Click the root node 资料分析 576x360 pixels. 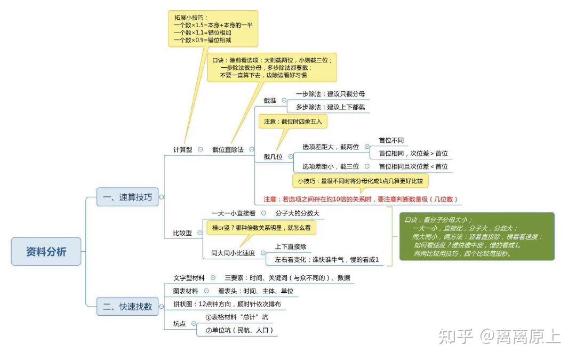click(x=46, y=251)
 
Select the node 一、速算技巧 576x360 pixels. click(x=127, y=197)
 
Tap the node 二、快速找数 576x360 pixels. click(x=127, y=307)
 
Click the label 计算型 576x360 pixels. click(x=182, y=150)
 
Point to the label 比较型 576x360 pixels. click(x=182, y=233)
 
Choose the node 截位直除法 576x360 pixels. click(x=228, y=150)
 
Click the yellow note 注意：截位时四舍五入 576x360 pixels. click(x=293, y=122)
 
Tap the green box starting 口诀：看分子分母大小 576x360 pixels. click(x=476, y=236)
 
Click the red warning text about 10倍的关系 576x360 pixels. click(x=361, y=199)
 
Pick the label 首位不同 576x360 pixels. click(x=391, y=140)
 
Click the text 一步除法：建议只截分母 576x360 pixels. click(x=330, y=94)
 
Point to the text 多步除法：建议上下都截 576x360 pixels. click(x=330, y=107)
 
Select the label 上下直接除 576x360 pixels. click(x=290, y=247)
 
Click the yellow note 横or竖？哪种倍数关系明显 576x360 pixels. click(x=261, y=228)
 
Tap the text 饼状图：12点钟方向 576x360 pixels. click(x=227, y=304)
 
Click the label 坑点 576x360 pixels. click(x=180, y=324)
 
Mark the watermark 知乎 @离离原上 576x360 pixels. click(x=499, y=336)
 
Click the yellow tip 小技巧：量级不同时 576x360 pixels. click(x=360, y=181)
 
